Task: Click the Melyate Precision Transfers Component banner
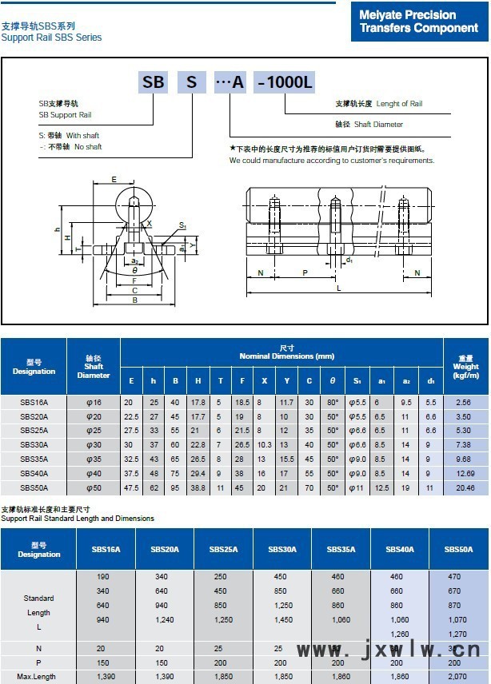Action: [418, 22]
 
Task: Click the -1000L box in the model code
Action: [284, 82]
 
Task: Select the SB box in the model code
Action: [153, 82]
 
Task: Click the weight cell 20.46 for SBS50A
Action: [465, 487]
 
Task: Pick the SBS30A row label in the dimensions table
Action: [34, 444]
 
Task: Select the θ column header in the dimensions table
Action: [332, 380]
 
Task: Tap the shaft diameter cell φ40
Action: [94, 473]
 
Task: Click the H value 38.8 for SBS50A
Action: [198, 487]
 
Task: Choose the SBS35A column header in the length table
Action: [340, 550]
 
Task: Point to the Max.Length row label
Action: [35, 676]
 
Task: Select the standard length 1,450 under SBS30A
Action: [281, 619]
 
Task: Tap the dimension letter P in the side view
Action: [304, 272]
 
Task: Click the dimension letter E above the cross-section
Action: [114, 179]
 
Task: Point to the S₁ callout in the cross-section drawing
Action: [182, 226]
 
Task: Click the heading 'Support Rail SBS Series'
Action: [52, 38]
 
